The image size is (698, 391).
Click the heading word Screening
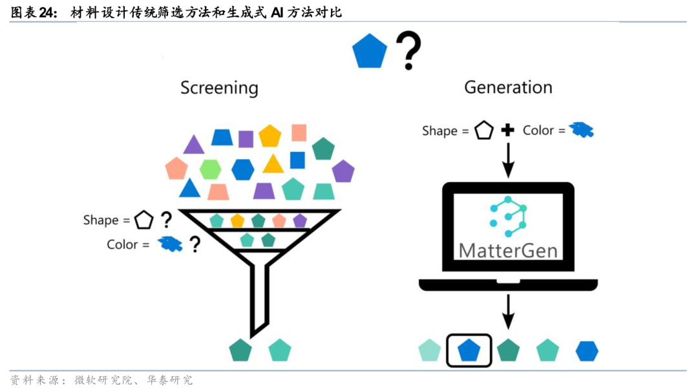(x=219, y=88)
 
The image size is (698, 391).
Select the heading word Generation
(x=508, y=87)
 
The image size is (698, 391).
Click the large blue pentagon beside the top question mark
(x=370, y=52)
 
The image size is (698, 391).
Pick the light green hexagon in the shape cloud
(x=210, y=169)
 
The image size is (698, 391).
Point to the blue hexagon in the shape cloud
(x=243, y=169)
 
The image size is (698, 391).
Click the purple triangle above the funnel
(x=193, y=145)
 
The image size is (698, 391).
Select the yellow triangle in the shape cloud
(x=273, y=164)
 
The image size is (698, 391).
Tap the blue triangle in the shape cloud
(x=189, y=189)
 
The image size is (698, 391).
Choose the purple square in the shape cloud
(x=246, y=139)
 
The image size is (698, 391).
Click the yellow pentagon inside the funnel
(x=237, y=220)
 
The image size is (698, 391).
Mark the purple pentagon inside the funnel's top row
(x=299, y=220)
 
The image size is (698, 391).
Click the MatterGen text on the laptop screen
(x=508, y=250)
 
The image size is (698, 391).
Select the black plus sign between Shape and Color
(x=508, y=131)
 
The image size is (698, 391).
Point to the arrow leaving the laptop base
(x=508, y=312)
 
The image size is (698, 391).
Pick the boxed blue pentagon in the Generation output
(x=469, y=350)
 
